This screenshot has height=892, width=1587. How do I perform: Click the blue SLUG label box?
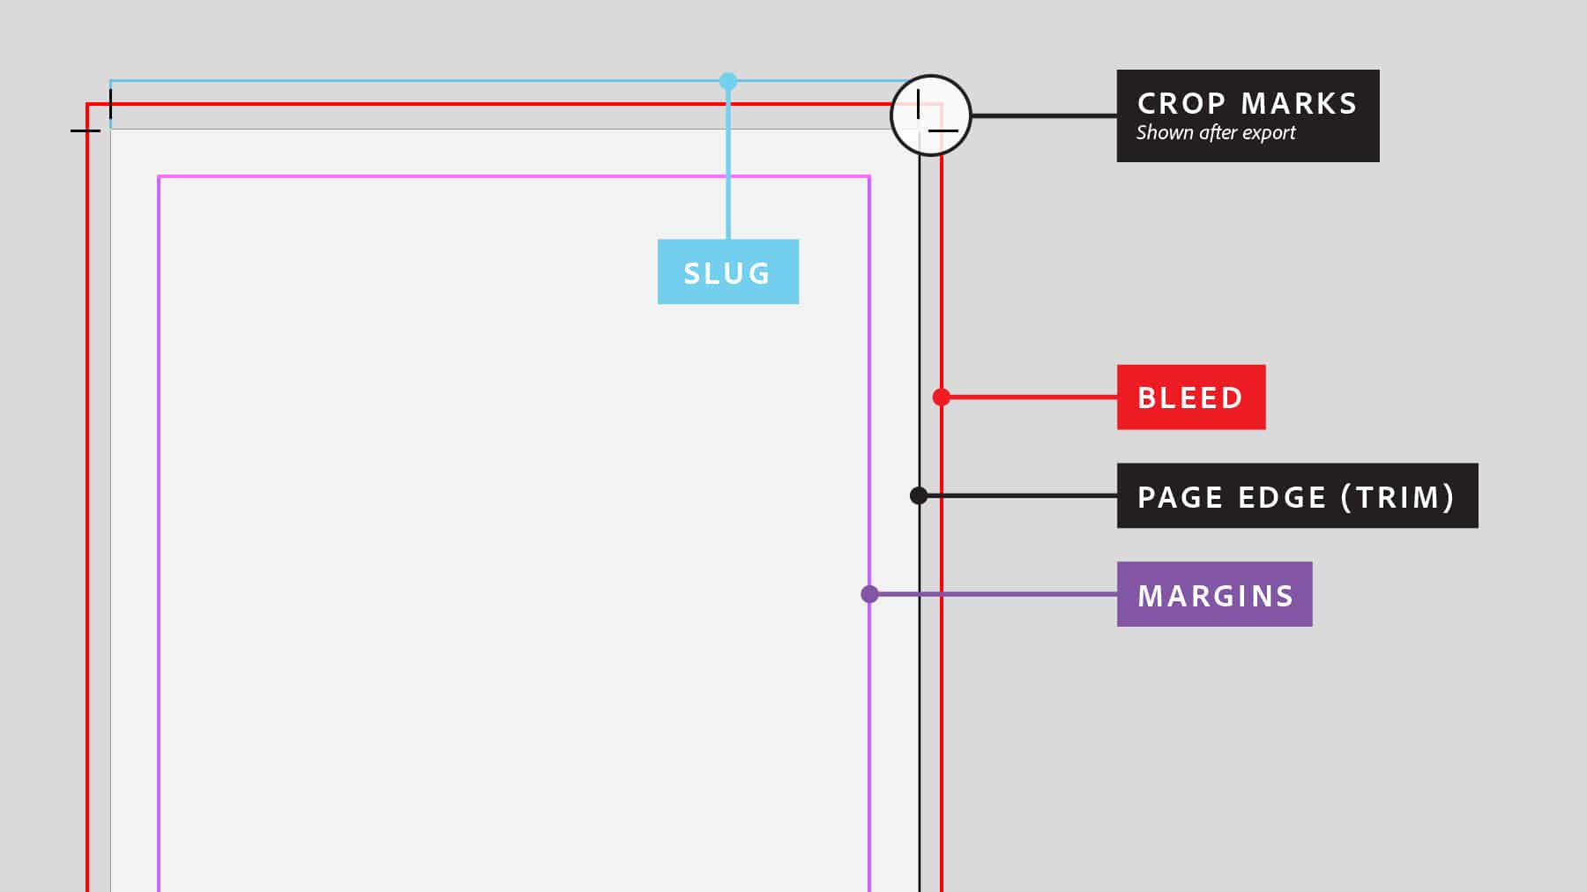click(728, 271)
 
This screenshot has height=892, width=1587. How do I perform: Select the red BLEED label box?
click(1191, 397)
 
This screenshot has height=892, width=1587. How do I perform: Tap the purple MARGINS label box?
click(1214, 594)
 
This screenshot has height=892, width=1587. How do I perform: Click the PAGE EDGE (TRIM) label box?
click(1297, 495)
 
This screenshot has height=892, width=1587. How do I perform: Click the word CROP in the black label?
click(1181, 103)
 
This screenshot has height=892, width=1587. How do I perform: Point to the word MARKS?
click(1299, 103)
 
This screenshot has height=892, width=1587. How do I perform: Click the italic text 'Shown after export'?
click(1216, 133)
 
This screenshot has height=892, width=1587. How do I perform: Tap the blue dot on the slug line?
click(727, 81)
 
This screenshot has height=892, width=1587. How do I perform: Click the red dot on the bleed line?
click(942, 397)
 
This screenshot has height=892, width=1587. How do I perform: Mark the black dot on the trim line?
click(919, 495)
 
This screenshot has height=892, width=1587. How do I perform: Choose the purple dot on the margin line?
click(869, 594)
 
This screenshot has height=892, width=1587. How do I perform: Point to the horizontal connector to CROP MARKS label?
click(1044, 115)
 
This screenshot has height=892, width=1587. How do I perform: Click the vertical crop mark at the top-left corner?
click(110, 104)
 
